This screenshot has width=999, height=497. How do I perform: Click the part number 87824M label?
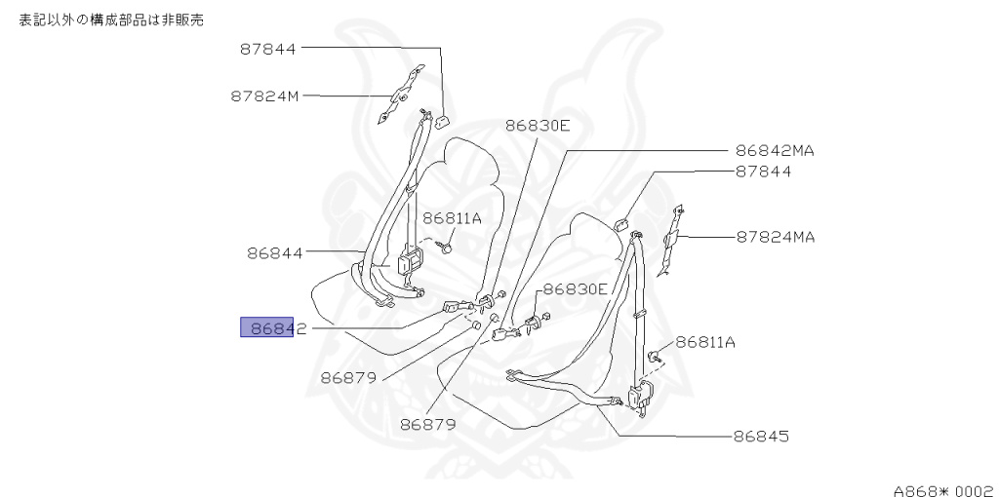(x=265, y=96)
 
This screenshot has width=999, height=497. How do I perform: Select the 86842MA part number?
(x=775, y=151)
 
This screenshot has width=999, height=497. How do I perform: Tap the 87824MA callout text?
(x=776, y=236)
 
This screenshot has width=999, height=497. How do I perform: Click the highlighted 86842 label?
(x=274, y=328)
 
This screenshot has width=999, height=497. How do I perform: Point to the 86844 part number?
(x=274, y=252)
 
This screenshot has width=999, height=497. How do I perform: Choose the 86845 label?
(x=761, y=436)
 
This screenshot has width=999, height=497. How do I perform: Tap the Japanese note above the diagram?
(x=112, y=19)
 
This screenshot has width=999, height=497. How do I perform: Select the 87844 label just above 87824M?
(x=268, y=48)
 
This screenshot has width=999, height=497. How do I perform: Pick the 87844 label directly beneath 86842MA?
(x=763, y=172)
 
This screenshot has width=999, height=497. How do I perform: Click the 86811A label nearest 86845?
(x=705, y=341)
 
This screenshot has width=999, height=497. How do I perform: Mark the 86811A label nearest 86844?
(x=452, y=218)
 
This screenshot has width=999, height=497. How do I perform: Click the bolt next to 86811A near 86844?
(x=447, y=248)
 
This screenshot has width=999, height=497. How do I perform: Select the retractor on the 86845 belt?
(x=641, y=398)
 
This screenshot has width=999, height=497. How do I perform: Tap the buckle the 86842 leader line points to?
(x=456, y=307)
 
